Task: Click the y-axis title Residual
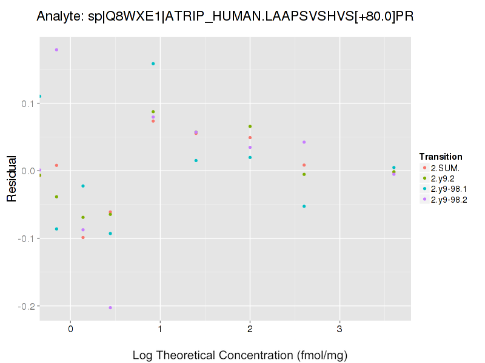point(11,178)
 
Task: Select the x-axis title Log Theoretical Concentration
point(239,355)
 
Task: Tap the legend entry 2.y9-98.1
point(449,189)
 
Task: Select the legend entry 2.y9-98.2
point(449,200)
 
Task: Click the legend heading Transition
point(441,157)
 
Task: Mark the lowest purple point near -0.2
point(110,308)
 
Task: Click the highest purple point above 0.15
point(56,50)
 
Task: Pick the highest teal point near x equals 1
point(153,64)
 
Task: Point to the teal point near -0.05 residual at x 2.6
point(304,206)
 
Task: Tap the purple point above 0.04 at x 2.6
point(304,142)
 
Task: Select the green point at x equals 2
point(250,126)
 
